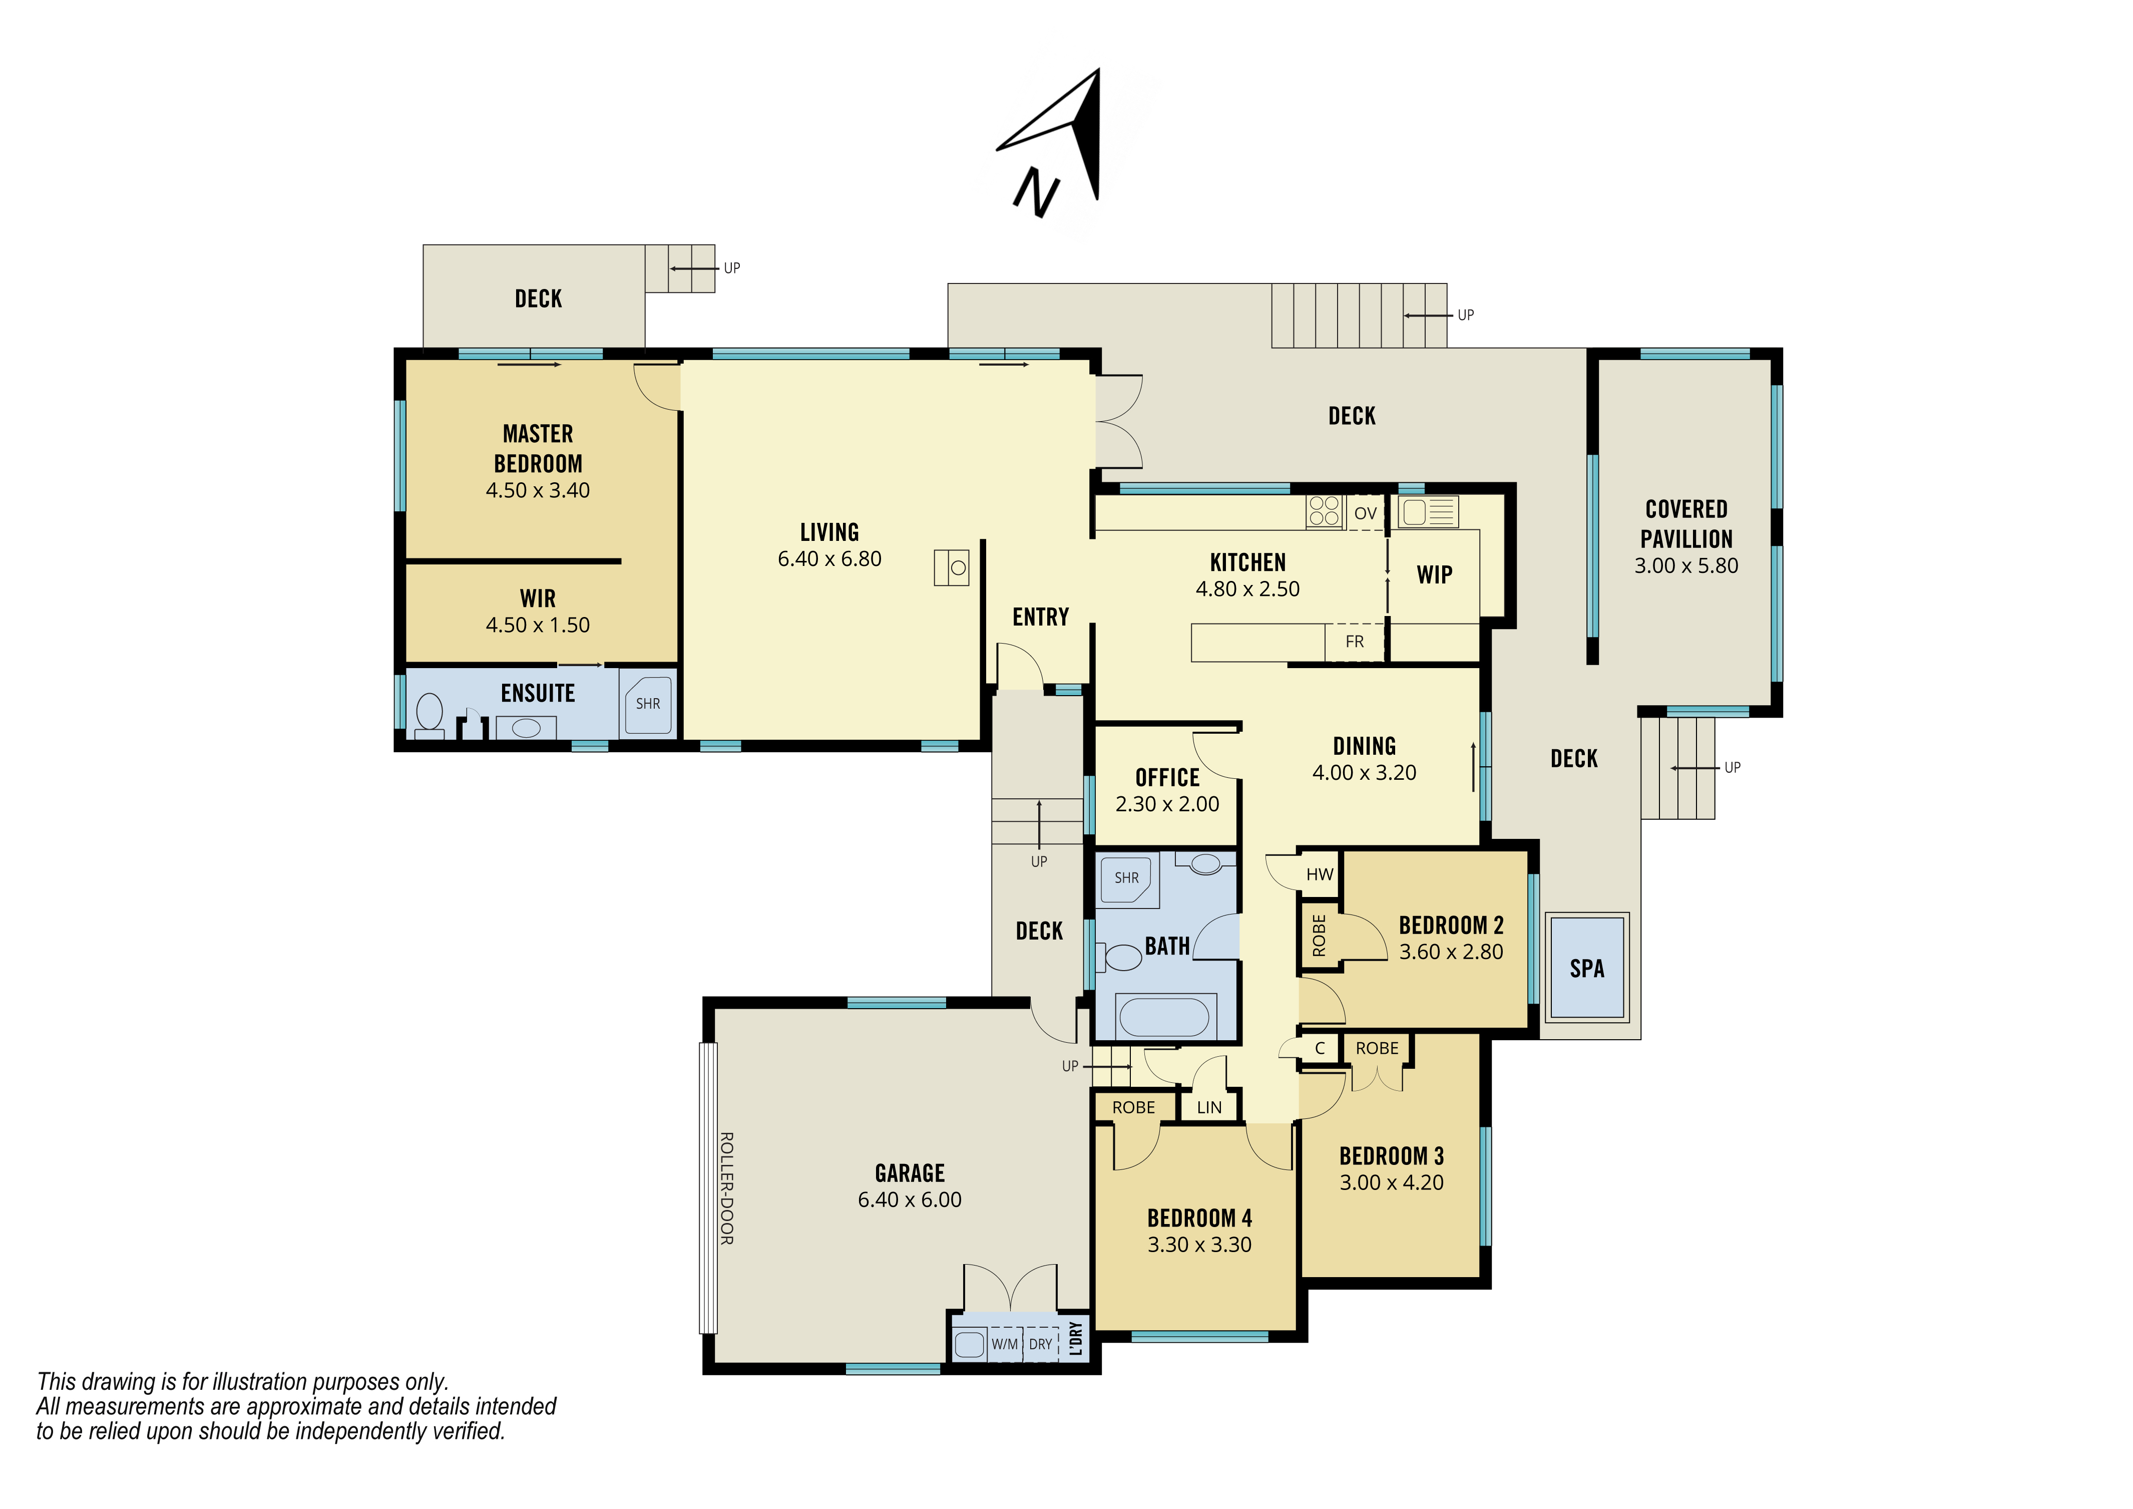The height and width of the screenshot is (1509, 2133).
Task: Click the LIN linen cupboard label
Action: click(x=1209, y=1108)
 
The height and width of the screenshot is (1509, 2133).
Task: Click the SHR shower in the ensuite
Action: click(x=648, y=703)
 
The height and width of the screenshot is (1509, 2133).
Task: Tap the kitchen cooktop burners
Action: click(x=1324, y=511)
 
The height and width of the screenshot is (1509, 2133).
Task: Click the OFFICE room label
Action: click(x=1168, y=778)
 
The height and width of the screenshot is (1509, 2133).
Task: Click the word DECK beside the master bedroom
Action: click(x=538, y=298)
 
